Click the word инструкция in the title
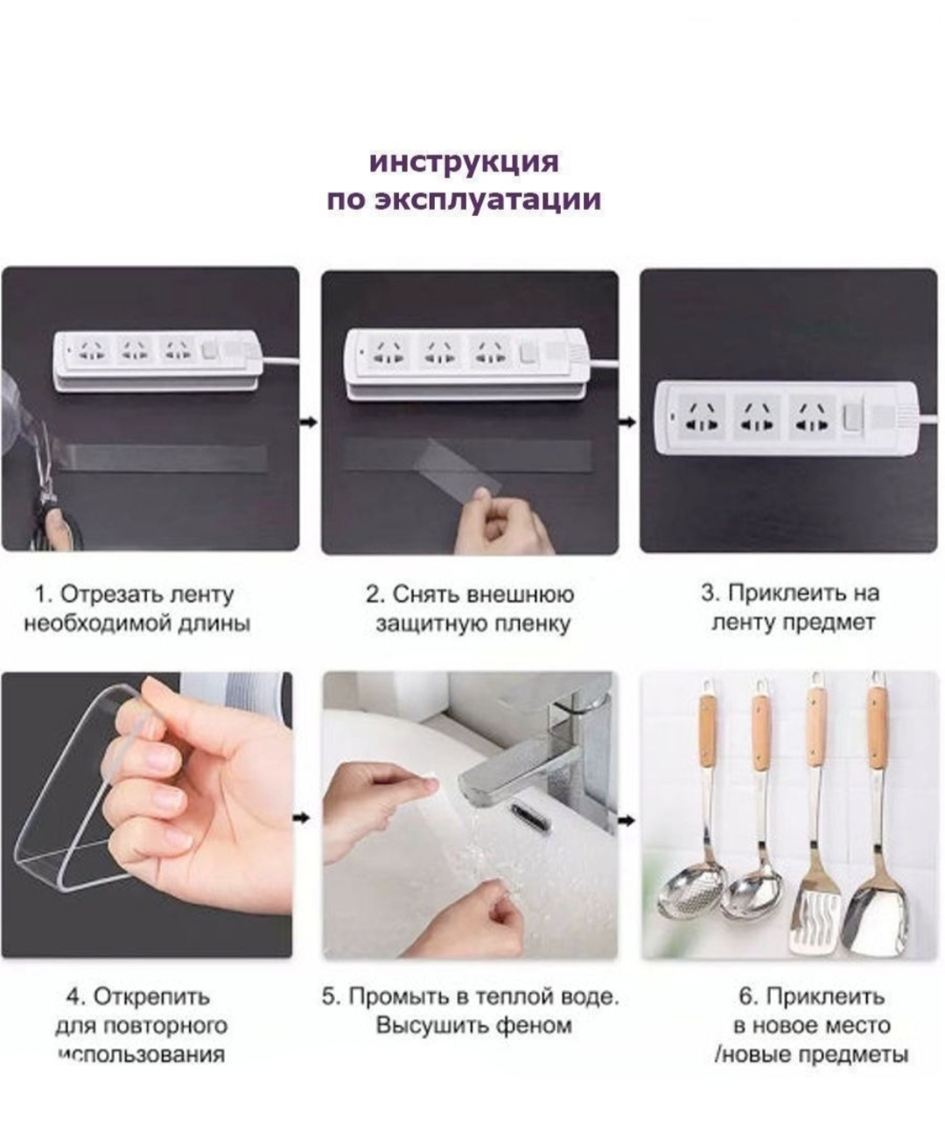(x=464, y=162)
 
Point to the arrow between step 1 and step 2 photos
(x=310, y=422)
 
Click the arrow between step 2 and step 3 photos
(x=628, y=422)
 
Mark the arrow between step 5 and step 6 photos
(x=627, y=821)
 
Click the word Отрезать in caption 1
(x=112, y=594)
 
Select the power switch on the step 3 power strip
(x=852, y=422)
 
